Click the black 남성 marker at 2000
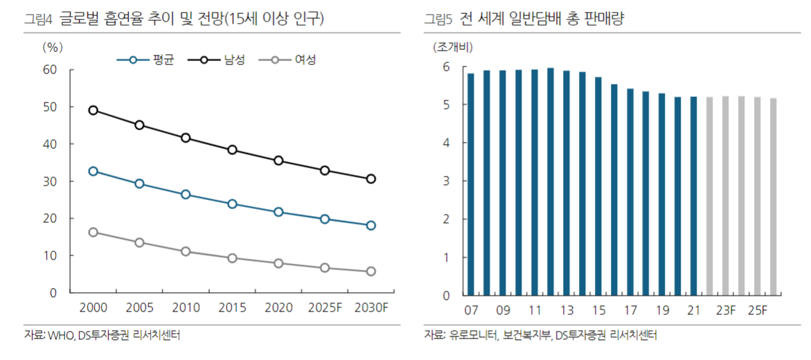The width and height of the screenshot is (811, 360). [93, 110]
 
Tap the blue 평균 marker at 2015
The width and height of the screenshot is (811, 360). [232, 204]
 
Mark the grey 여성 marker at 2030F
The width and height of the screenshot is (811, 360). [371, 271]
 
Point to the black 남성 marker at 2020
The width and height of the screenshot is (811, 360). [278, 161]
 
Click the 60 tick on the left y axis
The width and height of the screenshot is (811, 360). [49, 70]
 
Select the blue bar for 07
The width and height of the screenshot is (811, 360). [471, 184]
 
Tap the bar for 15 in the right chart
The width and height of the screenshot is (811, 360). [598, 186]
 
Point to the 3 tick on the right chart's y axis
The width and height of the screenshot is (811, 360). [447, 181]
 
